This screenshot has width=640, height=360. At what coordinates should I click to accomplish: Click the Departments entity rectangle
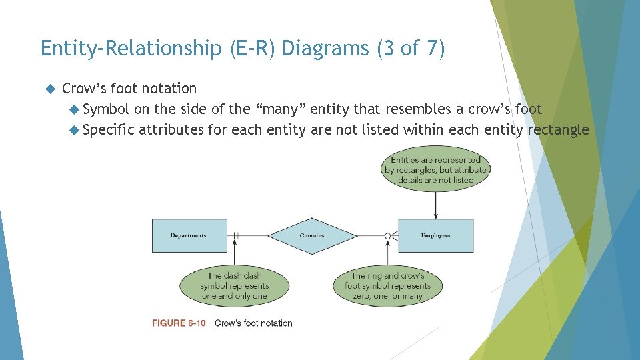tap(189, 235)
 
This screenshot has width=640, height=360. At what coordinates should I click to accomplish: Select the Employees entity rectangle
tap(435, 235)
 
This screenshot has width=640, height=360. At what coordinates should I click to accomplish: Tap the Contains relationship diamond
tap(312, 235)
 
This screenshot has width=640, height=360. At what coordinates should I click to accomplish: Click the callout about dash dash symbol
tap(234, 285)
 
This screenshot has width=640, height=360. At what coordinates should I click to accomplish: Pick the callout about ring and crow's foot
tap(387, 285)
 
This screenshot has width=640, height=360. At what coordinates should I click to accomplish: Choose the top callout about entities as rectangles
tap(435, 169)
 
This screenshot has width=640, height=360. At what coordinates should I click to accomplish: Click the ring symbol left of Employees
tap(387, 235)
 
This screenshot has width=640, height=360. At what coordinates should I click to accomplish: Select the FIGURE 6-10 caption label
tap(178, 323)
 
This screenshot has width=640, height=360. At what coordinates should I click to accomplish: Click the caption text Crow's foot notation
tap(253, 323)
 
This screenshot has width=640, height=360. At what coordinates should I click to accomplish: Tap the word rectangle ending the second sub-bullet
tap(558, 129)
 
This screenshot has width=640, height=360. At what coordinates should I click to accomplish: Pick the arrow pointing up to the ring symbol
tap(387, 253)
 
